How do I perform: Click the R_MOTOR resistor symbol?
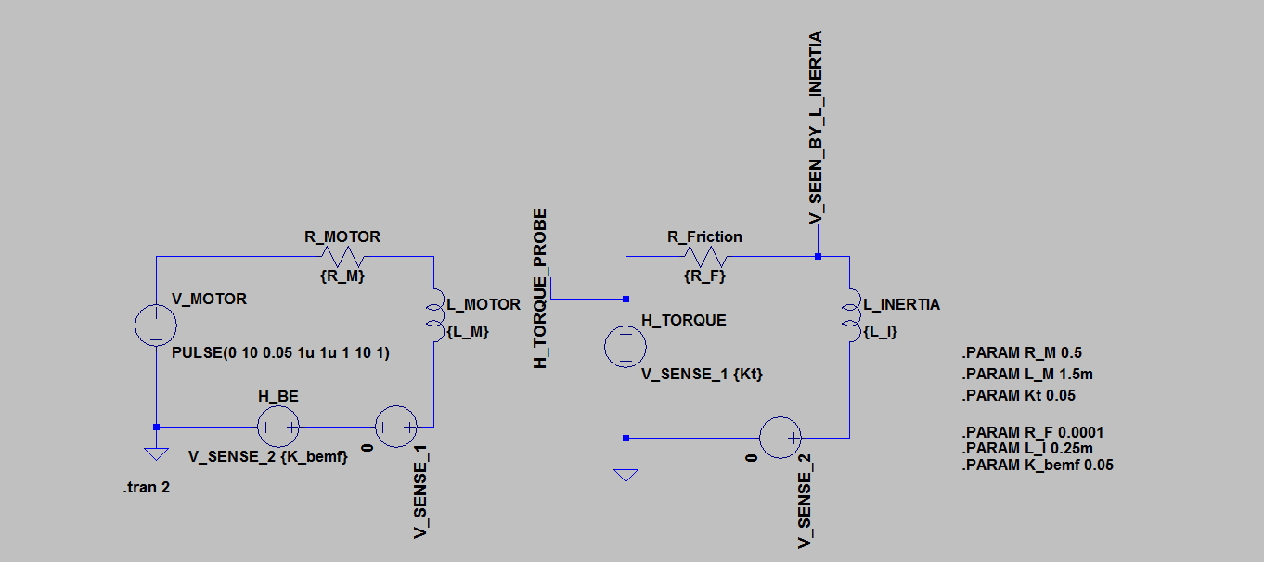pyautogui.click(x=342, y=255)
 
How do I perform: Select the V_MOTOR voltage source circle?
pyautogui.click(x=156, y=326)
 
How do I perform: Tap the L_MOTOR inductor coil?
pyautogui.click(x=433, y=313)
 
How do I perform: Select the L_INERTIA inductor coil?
pyautogui.click(x=849, y=313)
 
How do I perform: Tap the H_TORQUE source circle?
pyautogui.click(x=626, y=347)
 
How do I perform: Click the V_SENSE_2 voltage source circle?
pyautogui.click(x=780, y=437)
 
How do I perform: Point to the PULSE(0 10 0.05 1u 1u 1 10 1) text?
pyautogui.click(x=280, y=352)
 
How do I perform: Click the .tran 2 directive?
pyautogui.click(x=147, y=488)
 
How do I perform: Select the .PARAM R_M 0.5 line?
pyautogui.click(x=1023, y=353)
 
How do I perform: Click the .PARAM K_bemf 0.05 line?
pyautogui.click(x=1038, y=465)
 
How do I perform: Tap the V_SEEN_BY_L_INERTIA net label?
pyautogui.click(x=817, y=128)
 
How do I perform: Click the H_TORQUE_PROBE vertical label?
pyautogui.click(x=540, y=288)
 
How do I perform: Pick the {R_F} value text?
pyautogui.click(x=704, y=275)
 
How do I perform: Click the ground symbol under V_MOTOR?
pyautogui.click(x=156, y=453)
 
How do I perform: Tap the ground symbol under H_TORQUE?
pyautogui.click(x=626, y=475)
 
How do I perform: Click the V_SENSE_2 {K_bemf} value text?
pyautogui.click(x=268, y=456)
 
